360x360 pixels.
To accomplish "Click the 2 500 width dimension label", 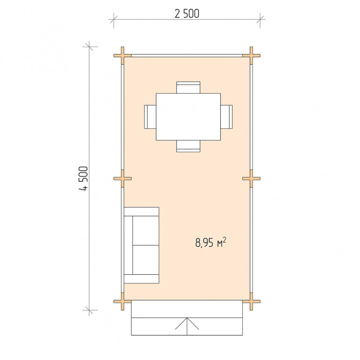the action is click(187, 14).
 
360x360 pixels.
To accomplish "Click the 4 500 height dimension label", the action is click(83, 179).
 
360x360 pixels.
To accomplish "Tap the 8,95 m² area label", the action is click(210, 242).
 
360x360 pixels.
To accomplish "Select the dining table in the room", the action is click(188, 117).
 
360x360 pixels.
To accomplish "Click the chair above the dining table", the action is click(188, 88).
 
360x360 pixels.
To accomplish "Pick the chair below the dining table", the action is click(188, 146).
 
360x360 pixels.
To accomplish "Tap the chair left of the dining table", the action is click(150, 117).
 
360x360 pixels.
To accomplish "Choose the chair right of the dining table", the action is click(226, 117).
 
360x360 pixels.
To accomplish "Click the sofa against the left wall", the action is click(142, 245).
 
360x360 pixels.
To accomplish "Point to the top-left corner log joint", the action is click(123, 56).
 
